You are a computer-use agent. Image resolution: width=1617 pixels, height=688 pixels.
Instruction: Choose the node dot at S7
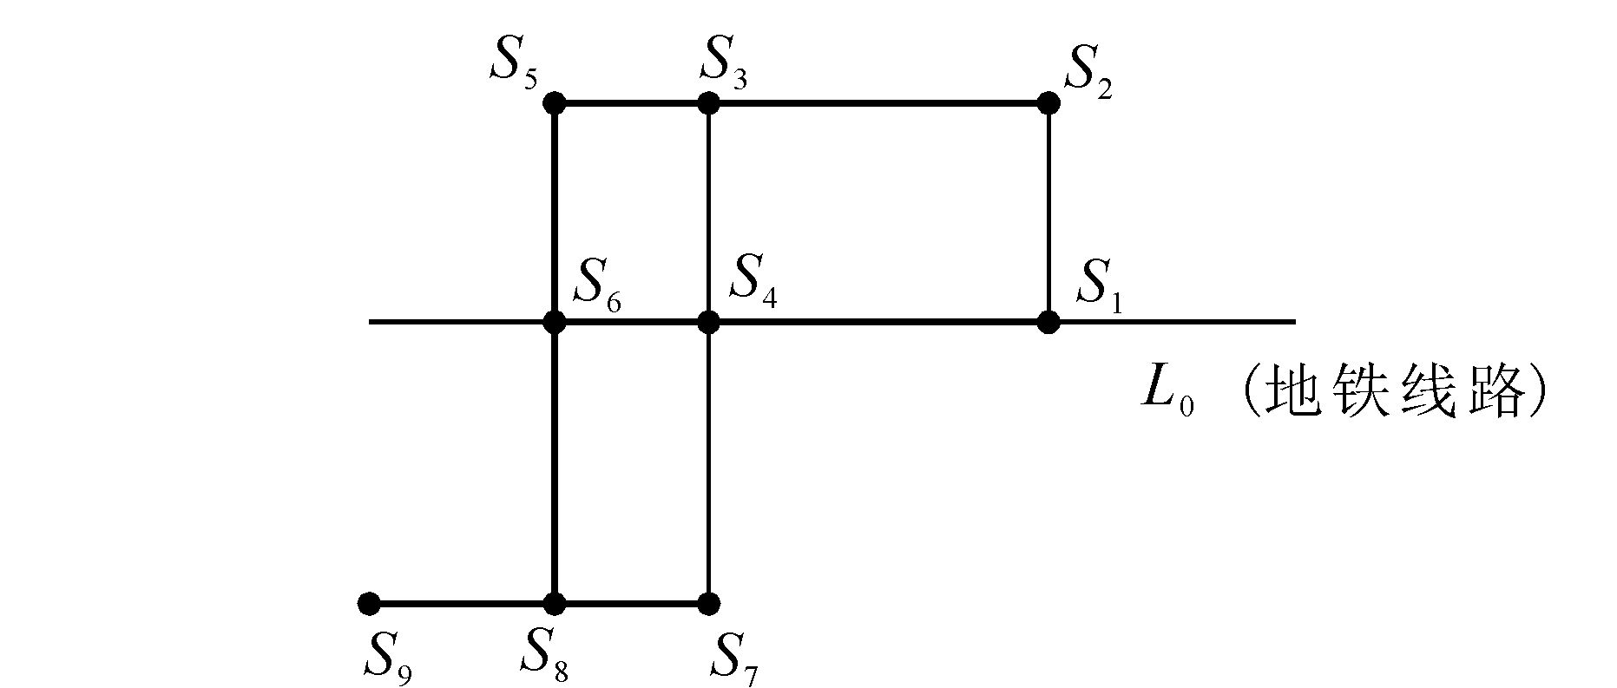708,603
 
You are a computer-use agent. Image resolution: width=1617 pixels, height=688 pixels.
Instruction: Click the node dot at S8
555,603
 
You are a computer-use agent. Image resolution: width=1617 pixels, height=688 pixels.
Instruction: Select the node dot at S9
369,603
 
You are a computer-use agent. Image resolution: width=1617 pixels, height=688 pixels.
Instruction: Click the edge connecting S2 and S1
1048,213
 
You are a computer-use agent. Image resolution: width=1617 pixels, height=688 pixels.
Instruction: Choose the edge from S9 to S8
462,603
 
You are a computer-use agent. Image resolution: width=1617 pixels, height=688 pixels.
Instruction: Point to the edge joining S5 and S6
555,213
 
